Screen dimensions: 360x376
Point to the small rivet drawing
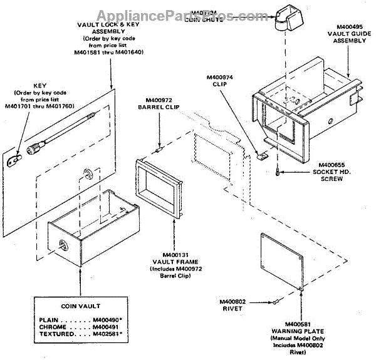(x=275, y=302)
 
